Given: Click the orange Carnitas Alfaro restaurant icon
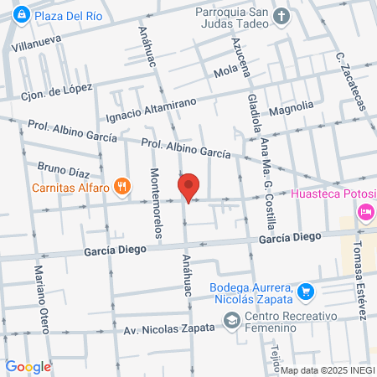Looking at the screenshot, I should [122, 187].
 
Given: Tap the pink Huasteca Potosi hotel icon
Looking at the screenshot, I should [365, 213].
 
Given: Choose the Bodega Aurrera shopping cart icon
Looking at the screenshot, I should [307, 291].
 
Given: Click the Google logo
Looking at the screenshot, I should [28, 366].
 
